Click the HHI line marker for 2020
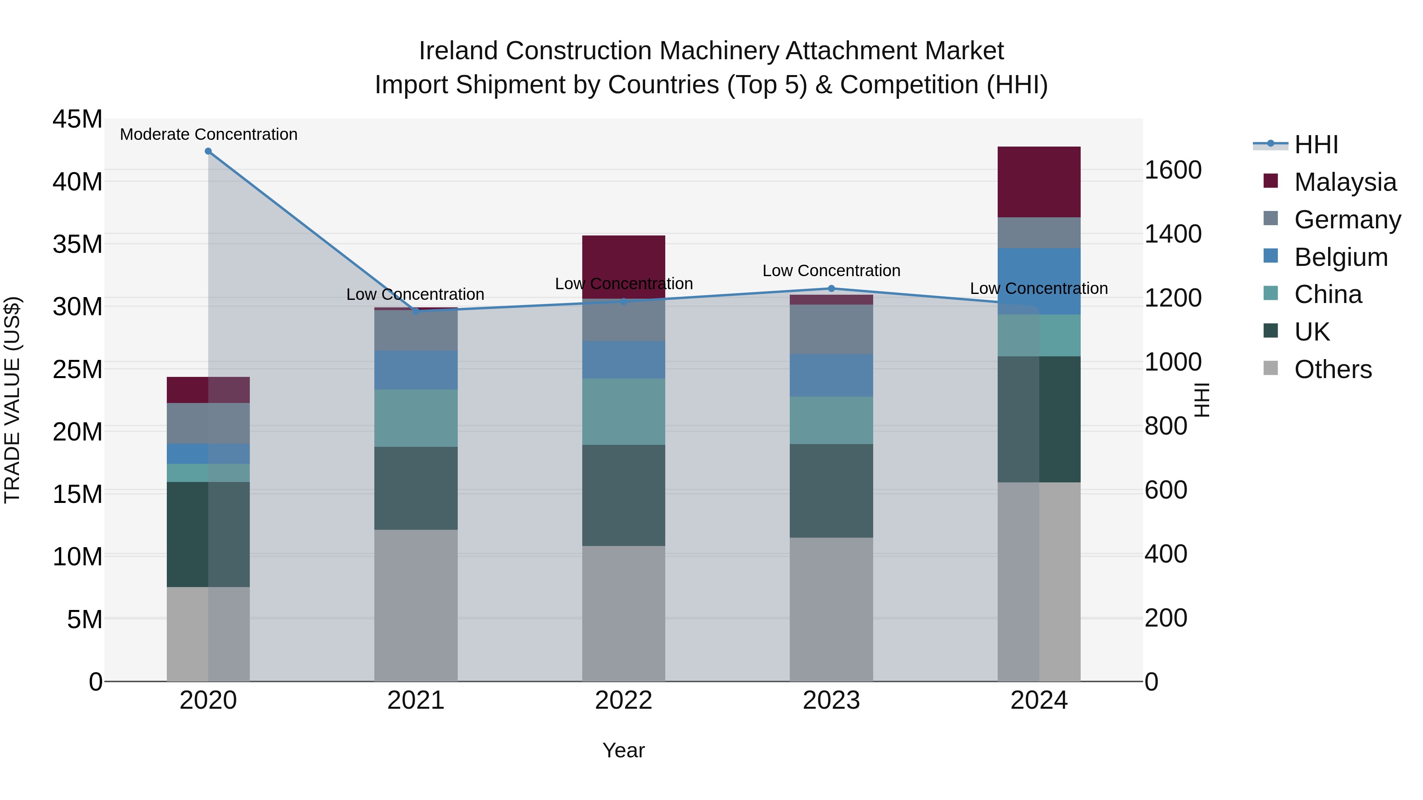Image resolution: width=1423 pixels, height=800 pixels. coord(208,151)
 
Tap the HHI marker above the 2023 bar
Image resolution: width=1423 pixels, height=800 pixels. coord(831,288)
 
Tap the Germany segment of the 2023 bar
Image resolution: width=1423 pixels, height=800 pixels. coord(831,329)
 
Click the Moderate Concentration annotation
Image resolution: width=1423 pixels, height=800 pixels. coord(208,134)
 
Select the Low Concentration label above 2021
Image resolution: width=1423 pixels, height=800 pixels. coord(415,294)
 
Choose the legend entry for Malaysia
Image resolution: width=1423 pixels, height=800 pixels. coord(1345,182)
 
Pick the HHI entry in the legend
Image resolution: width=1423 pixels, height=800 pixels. coord(1316,145)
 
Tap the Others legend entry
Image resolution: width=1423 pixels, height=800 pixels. coord(1332,369)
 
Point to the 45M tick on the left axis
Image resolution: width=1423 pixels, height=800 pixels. coord(77,119)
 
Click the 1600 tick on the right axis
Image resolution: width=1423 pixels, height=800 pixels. coord(1172,170)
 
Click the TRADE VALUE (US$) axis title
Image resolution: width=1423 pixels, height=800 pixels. coord(12,400)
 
